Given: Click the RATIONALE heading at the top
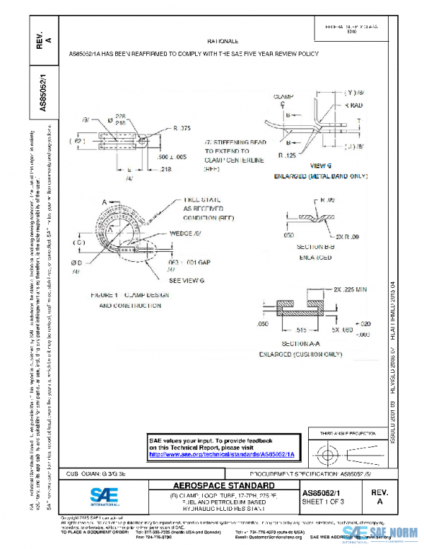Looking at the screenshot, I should pyautogui.click(x=223, y=42).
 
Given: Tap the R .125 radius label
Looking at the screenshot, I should pyautogui.click(x=287, y=154).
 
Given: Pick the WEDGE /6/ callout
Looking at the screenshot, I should pyautogui.click(x=186, y=233).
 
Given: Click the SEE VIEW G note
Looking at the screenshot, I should pyautogui.click(x=187, y=281).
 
